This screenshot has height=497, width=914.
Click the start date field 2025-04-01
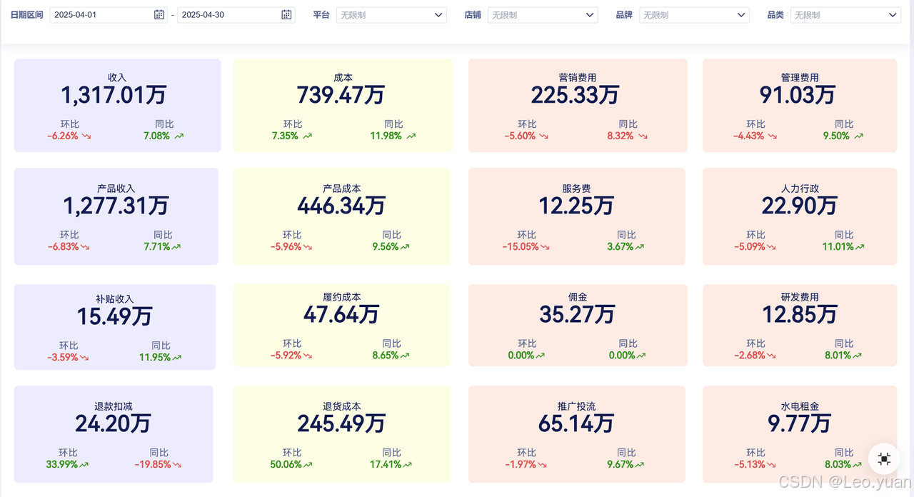coord(109,15)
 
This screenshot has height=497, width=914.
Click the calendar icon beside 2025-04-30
coord(286,15)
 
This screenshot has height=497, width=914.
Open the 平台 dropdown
coord(391,15)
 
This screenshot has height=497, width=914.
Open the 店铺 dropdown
coord(543,15)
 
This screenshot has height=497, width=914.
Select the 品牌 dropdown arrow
coord(741,15)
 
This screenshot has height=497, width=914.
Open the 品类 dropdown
coord(845,15)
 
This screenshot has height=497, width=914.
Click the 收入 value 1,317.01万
coord(114,95)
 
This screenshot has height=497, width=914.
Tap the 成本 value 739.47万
coord(341,95)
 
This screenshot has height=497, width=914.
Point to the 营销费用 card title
coord(578,78)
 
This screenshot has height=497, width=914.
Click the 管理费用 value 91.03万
coord(798,95)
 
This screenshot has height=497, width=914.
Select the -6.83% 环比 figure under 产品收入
coord(64,246)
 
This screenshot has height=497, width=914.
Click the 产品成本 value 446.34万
coord(341,205)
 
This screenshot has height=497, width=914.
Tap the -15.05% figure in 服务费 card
coord(521,246)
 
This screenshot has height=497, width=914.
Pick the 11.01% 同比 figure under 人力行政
coord(838,246)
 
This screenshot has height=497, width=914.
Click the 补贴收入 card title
coord(115,299)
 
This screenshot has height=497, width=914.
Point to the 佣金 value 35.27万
coord(577,315)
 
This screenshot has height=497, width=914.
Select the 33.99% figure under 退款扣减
coord(61,464)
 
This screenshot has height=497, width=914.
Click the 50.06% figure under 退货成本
coord(286,464)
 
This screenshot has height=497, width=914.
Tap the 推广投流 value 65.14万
coord(576,423)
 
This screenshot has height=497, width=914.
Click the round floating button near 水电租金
coord(884,459)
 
